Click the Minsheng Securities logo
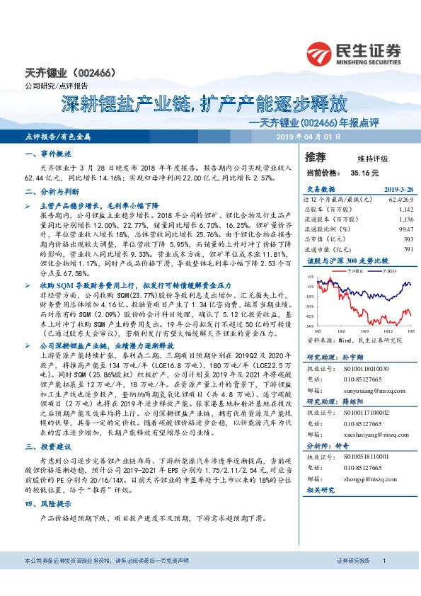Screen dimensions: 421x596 [x=353, y=53]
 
